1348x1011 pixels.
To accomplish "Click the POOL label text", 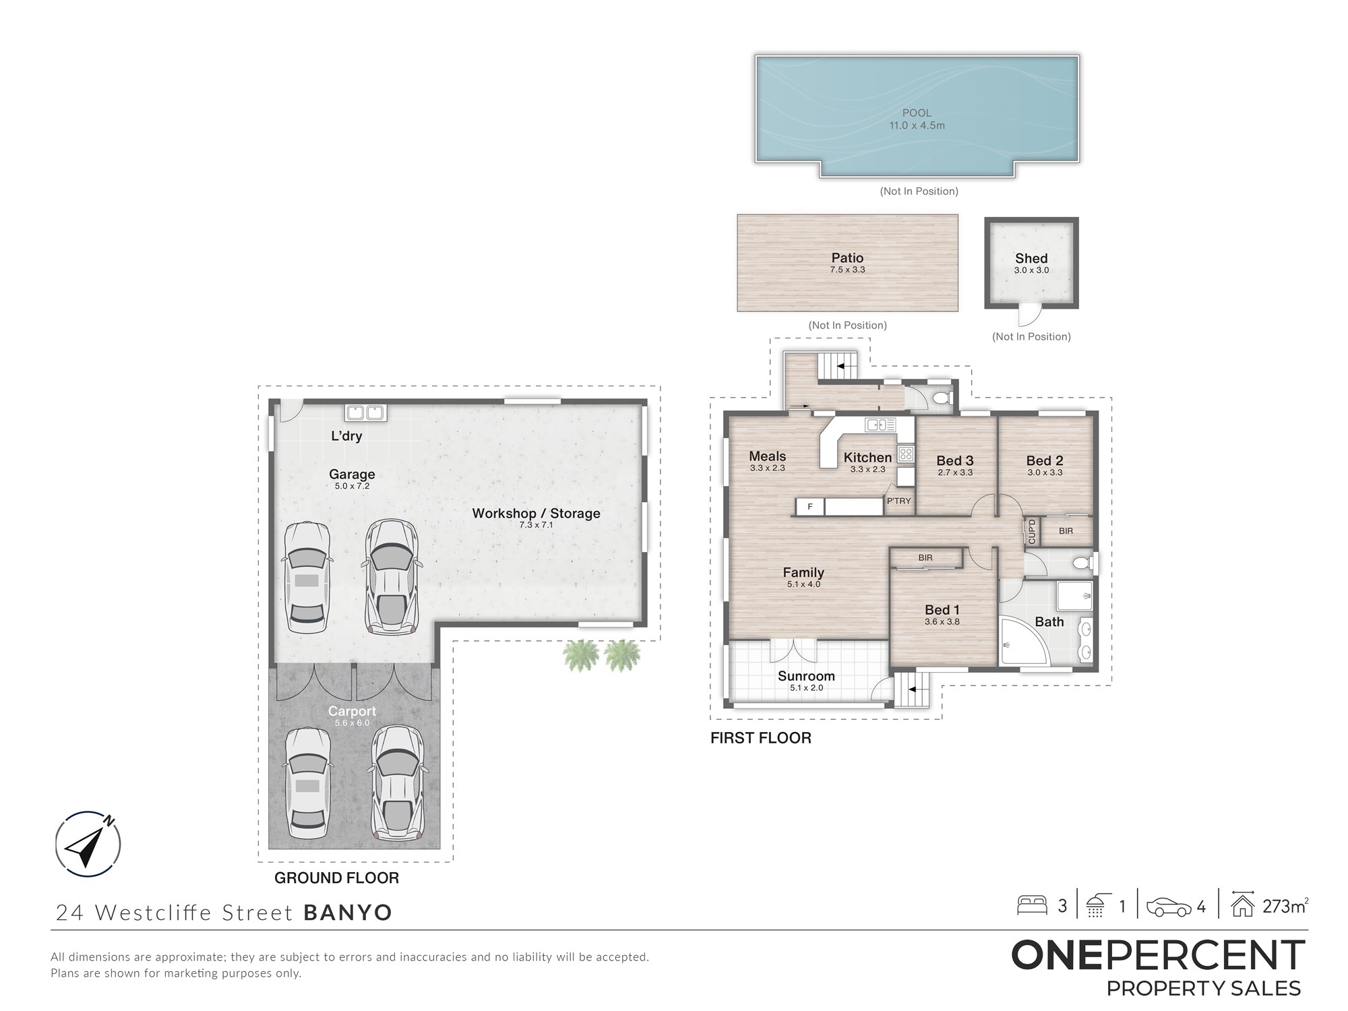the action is tap(917, 113).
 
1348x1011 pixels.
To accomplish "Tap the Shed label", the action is tap(1031, 258).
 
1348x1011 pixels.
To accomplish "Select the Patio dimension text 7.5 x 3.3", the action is tap(847, 270).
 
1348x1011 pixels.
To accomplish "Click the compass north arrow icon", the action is tap(88, 844).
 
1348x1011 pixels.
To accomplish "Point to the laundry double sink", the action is tap(365, 412).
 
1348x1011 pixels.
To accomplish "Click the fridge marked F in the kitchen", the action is tap(810, 507).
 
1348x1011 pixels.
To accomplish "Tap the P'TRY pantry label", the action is tap(898, 501).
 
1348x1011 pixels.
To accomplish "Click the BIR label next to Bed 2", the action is tap(1066, 531).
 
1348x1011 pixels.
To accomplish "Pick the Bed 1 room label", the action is tap(942, 609).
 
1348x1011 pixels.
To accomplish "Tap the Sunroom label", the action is tap(806, 676).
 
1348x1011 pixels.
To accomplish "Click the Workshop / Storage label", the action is tap(536, 513).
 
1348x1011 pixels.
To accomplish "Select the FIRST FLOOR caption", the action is tap(761, 738).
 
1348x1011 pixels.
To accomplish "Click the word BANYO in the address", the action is tap(348, 913).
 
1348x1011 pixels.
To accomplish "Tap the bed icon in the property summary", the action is tap(1031, 905).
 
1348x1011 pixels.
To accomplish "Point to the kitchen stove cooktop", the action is tap(906, 454).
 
